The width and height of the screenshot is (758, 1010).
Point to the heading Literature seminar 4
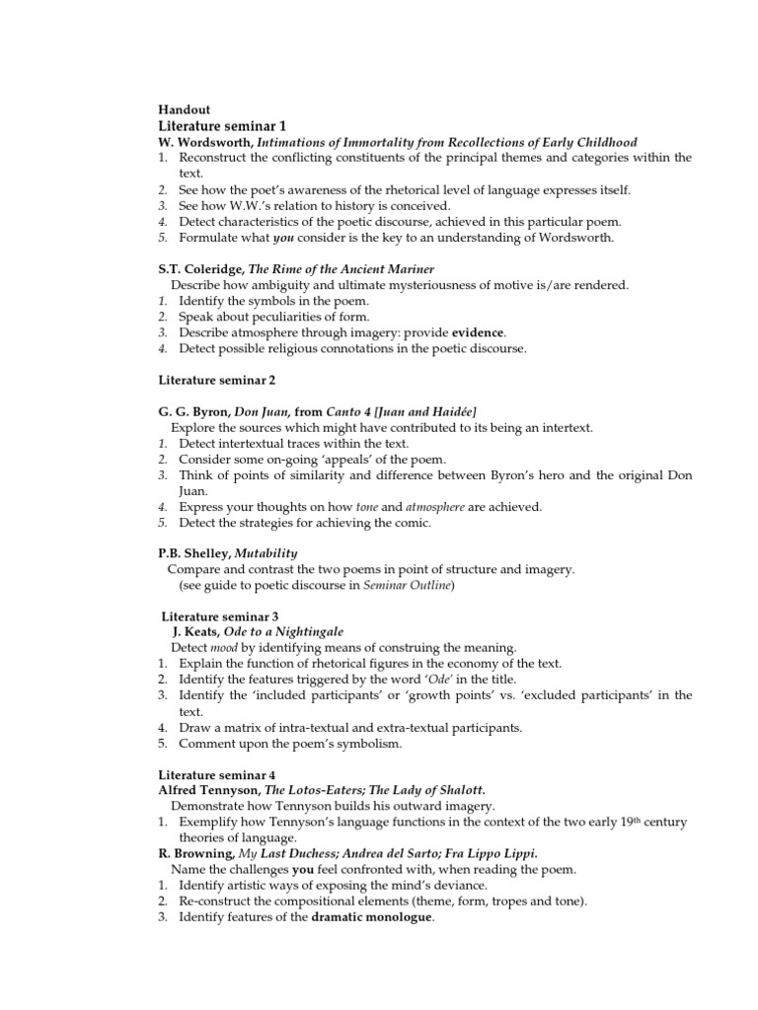(x=217, y=774)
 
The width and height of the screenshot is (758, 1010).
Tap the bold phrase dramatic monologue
(x=372, y=916)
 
